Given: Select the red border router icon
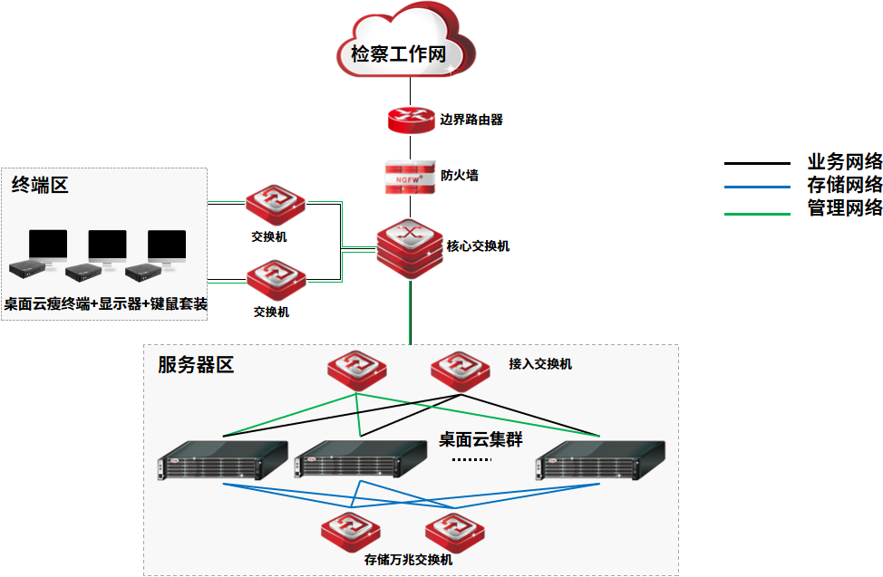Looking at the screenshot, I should coord(410,120).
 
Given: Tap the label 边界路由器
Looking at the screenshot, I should coord(471,120).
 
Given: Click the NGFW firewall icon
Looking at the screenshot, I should coord(410,176).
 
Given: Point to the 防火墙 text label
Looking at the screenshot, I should coord(460,176).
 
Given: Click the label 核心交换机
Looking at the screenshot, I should coord(478,246).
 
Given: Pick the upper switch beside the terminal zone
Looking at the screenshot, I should coord(276,205).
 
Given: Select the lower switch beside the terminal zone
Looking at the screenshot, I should coord(276,281).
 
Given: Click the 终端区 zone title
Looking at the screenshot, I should coord(40,186).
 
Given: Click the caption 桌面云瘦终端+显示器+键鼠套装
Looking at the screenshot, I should coord(105,304).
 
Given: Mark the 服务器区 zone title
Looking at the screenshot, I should coord(196,365).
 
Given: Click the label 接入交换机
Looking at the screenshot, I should coord(540,364).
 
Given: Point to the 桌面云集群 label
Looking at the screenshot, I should coord(480,440).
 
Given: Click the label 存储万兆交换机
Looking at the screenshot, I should coord(408,560).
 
